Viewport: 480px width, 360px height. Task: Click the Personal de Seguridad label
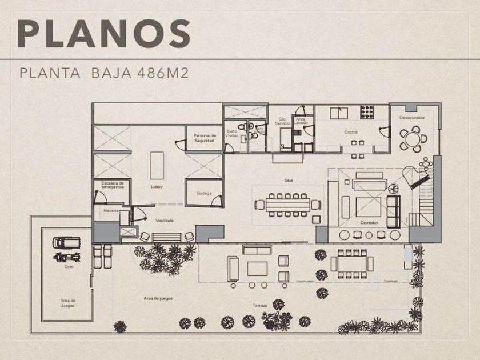[204, 138]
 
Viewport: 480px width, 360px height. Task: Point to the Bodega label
[204, 193]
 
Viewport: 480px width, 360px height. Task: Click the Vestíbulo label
[165, 221]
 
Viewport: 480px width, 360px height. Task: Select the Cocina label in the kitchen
[350, 132]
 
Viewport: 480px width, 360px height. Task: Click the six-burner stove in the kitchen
[366, 111]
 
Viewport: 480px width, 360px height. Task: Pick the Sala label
[289, 179]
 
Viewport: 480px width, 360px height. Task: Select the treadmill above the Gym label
[62, 243]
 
